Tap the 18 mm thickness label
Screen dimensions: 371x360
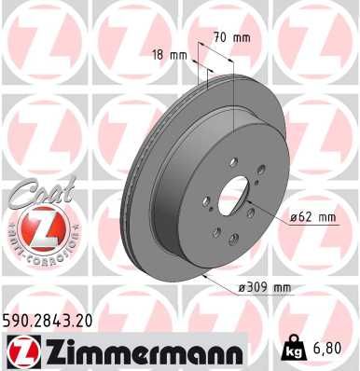point(174,55)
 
